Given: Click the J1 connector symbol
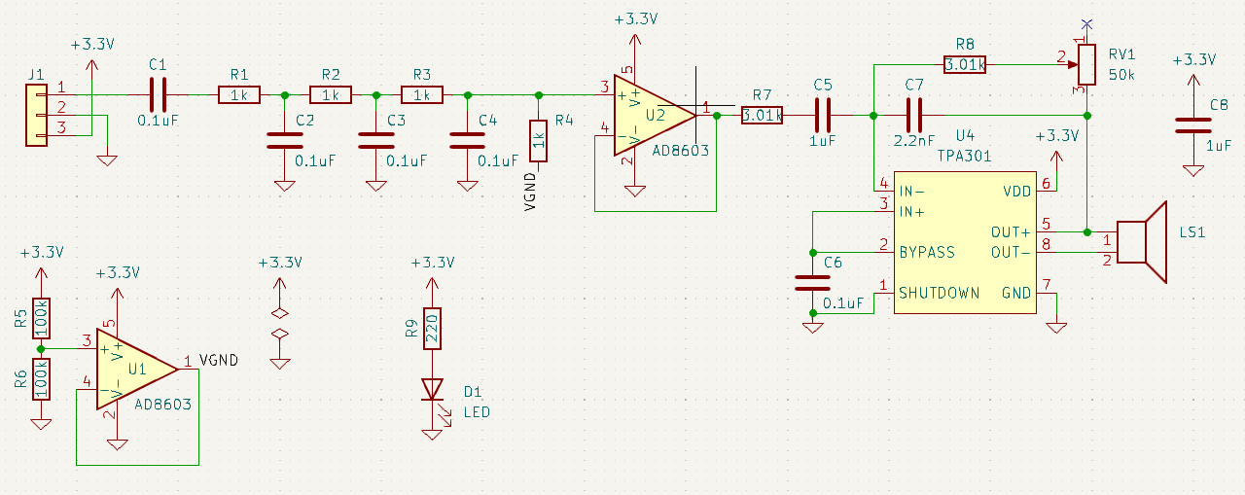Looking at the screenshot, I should (36, 115).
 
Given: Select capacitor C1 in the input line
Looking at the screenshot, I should (158, 94).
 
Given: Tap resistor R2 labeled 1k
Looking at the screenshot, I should (331, 94).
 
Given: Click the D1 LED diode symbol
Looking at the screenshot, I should (432, 389).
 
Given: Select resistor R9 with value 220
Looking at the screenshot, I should (432, 328).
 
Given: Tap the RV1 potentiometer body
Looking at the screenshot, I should (1087, 64).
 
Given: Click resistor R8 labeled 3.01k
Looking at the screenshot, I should (965, 64).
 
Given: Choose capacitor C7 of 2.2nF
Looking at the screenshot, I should (914, 115).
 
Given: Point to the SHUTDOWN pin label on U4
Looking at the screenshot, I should (939, 293).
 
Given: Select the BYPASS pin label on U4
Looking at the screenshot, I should (927, 252).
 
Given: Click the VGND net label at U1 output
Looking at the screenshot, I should (218, 360).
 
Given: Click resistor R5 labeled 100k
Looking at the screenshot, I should (41, 317).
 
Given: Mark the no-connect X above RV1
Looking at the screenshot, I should (1087, 24).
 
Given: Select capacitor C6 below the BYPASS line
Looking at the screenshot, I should (812, 282).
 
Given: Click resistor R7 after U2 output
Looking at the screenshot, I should (762, 115).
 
